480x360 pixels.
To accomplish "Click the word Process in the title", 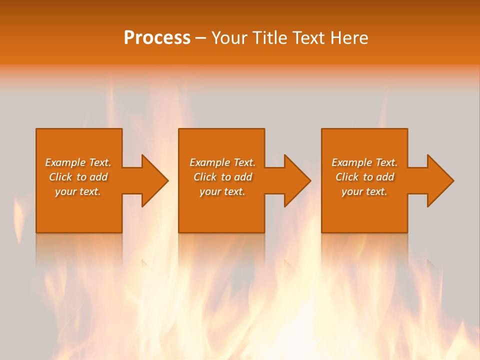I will pos(157,38).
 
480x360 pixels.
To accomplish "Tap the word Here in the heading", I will pos(349,38).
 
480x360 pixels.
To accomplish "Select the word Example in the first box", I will pos(65,162).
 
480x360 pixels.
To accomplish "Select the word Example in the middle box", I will pos(210,162).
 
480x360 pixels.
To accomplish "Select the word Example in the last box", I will pos(352,162).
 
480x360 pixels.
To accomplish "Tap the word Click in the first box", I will pos(60,177).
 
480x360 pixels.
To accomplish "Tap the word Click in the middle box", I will pos(205,177).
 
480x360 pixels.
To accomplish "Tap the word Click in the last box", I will pos(347,177).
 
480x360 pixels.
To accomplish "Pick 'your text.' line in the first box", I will pos(78,191).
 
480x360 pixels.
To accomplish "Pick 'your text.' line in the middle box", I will pos(222,191).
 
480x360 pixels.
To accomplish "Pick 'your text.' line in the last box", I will pos(364,191).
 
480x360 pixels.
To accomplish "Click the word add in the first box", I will pos(98,177).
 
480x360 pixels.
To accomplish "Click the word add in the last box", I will pos(385,177).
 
